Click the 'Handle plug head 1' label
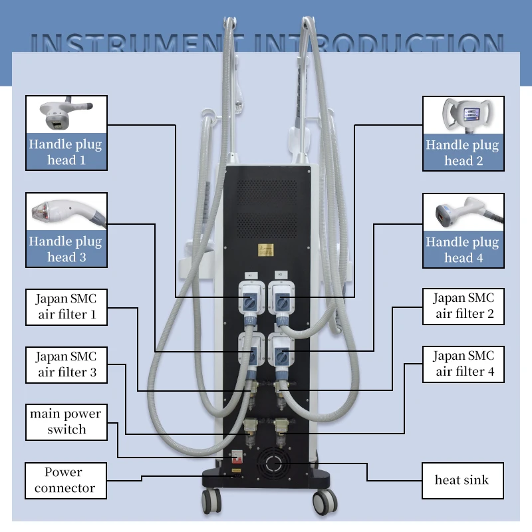coord(66,152)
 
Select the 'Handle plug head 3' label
coord(66,249)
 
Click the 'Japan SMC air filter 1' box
coord(66,307)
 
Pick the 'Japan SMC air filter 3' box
coord(66,364)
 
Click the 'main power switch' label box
coord(66,422)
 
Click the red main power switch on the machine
coord(234,458)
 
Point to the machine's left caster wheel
coord(211,499)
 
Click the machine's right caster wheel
coord(324,499)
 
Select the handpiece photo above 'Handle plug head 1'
coord(66,114)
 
